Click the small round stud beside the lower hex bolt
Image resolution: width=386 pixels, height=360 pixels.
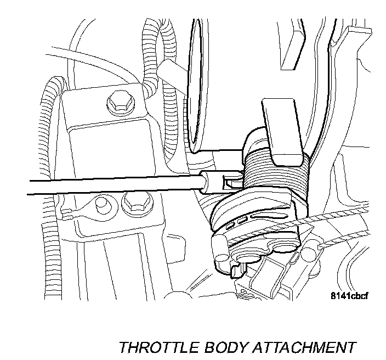click(100, 204)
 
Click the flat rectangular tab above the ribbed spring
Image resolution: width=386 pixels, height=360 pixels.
click(283, 132)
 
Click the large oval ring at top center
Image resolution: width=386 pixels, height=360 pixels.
click(197, 82)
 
